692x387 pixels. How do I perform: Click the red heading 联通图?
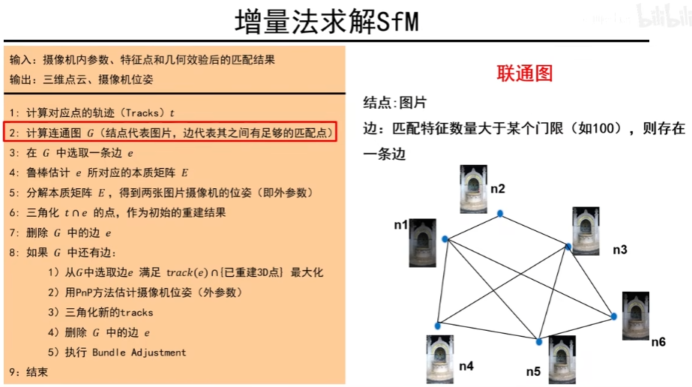pos(525,73)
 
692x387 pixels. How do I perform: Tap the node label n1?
pos(401,224)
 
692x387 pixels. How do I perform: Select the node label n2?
pos(498,188)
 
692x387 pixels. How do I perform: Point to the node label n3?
pos(619,249)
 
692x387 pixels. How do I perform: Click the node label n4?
pos(466,366)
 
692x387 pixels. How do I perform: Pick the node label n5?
pos(533,370)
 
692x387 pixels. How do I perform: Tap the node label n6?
pos(658,342)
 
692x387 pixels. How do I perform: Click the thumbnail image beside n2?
pos(473,188)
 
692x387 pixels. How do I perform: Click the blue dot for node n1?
pos(445,239)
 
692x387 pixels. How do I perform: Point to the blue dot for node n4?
pos(437,325)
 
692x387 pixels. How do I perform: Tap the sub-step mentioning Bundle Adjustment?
pos(116,352)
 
